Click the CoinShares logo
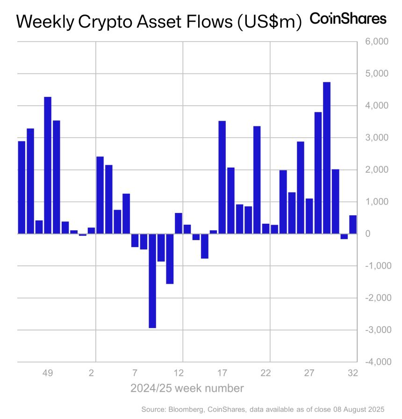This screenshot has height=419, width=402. coord(348,19)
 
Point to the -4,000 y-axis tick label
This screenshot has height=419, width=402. coord(374,362)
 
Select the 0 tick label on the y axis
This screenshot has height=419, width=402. coord(368,234)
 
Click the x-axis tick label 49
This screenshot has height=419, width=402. coord(48,373)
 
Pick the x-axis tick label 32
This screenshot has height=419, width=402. coord(353,373)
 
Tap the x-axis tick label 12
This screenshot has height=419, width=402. coord(179,373)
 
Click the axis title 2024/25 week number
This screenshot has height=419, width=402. coord(187,388)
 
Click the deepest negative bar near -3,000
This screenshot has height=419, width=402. coord(152,281)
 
